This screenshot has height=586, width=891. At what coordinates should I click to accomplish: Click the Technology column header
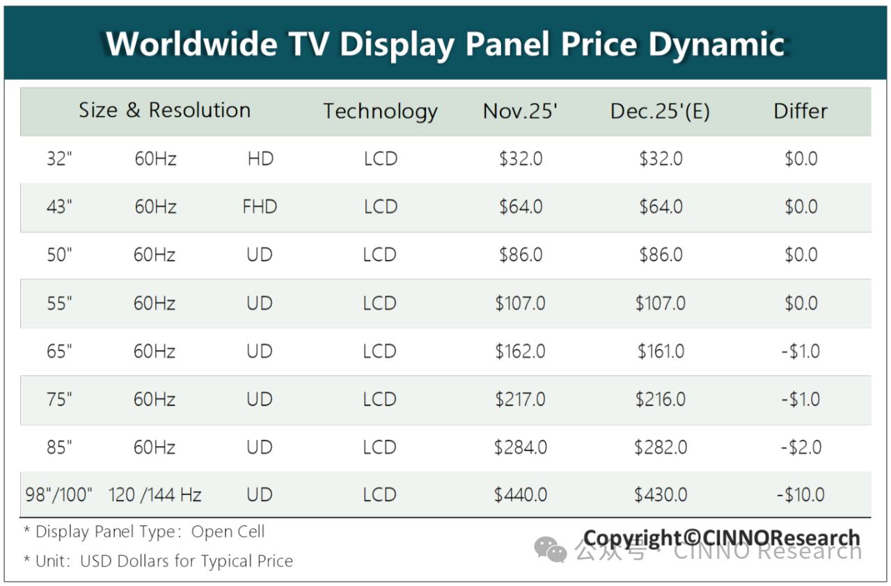click(380, 111)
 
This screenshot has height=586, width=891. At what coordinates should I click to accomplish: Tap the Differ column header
click(801, 111)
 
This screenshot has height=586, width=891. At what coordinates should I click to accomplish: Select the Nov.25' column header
click(520, 111)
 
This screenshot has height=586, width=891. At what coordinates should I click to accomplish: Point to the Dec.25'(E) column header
click(660, 111)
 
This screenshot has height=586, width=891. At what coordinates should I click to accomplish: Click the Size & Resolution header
click(164, 111)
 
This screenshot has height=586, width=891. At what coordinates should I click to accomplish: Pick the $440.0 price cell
click(521, 495)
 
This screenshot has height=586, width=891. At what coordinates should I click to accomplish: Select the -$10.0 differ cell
click(801, 495)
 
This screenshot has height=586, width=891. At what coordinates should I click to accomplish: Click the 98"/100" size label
click(59, 495)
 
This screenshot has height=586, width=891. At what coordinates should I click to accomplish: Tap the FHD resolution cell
click(260, 207)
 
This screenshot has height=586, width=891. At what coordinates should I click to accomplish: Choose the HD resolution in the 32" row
click(260, 159)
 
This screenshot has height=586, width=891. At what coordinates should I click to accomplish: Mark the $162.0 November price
click(521, 351)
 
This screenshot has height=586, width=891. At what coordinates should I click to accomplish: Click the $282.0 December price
click(661, 447)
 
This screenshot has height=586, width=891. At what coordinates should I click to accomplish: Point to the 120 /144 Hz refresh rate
click(155, 495)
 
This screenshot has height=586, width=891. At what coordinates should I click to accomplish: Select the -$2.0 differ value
click(801, 447)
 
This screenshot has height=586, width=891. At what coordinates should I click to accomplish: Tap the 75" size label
click(60, 399)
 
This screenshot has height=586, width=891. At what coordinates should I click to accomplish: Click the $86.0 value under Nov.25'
click(521, 255)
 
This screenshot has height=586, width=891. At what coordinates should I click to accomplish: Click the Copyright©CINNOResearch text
click(721, 538)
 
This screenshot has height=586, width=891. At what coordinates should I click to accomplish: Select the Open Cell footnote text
click(228, 532)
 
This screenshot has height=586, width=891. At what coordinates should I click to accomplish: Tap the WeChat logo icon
click(551, 551)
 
